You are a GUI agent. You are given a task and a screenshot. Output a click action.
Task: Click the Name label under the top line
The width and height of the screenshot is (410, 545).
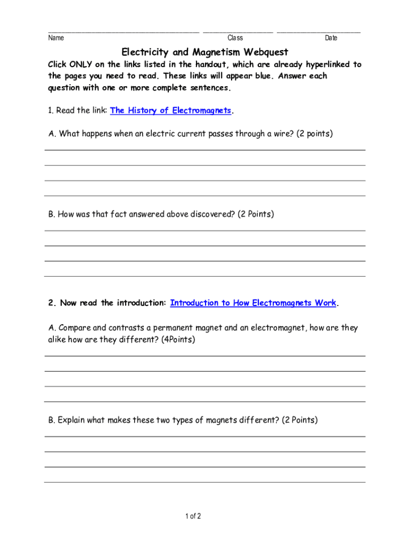pos(56,38)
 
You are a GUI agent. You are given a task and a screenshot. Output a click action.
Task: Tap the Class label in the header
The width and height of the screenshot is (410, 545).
pos(235,38)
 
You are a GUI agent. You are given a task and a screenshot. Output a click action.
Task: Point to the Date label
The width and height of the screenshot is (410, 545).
pos(331,38)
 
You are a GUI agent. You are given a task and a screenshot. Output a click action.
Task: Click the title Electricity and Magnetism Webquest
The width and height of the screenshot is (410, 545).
pos(205,52)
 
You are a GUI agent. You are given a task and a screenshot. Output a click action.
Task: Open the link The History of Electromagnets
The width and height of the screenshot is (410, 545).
pos(170,111)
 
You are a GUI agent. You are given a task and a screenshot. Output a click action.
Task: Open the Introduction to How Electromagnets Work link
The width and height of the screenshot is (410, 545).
pos(253,303)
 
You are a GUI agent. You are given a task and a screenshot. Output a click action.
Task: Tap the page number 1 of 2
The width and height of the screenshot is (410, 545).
pos(193,516)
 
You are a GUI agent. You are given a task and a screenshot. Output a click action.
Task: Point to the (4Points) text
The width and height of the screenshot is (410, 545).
pos(178,340)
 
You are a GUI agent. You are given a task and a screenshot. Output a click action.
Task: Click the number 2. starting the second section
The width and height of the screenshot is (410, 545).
pos(52,303)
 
